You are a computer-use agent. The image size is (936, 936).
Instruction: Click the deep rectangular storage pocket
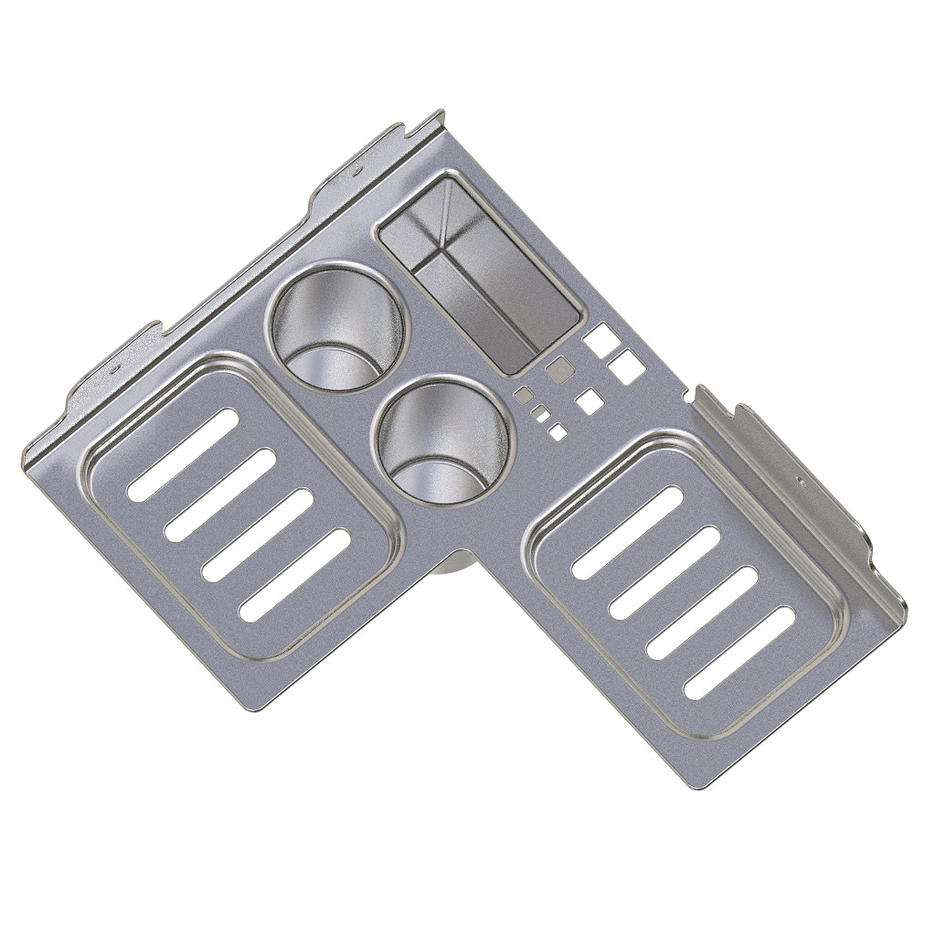[479, 273]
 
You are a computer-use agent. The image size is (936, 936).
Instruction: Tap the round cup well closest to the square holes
[444, 441]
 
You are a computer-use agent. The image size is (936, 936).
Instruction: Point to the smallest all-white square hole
[557, 431]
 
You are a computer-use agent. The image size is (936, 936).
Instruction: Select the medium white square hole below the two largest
[590, 400]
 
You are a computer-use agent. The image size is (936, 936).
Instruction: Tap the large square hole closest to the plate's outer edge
[627, 367]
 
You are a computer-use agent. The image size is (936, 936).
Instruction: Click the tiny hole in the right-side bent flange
[800, 478]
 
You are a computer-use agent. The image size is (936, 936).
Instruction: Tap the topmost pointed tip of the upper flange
[441, 113]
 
